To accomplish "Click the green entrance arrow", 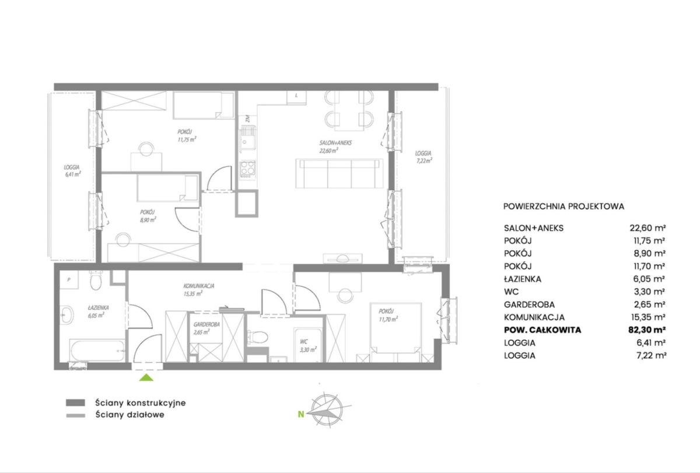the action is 146,378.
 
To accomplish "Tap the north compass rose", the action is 327,409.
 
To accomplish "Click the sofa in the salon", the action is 339,173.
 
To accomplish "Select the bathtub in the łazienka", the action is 97,351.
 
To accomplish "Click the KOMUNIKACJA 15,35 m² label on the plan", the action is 198,290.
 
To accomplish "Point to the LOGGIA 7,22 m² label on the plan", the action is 423,157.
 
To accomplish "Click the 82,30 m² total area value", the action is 647,330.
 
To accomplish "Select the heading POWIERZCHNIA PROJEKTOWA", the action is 563,206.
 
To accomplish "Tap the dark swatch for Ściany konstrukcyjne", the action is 75,402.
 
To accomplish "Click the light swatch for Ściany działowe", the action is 76,415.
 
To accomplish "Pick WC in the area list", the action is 511,292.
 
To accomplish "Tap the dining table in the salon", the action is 349,111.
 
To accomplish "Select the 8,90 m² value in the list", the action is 649,253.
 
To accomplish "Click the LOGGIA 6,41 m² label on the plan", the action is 72,171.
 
